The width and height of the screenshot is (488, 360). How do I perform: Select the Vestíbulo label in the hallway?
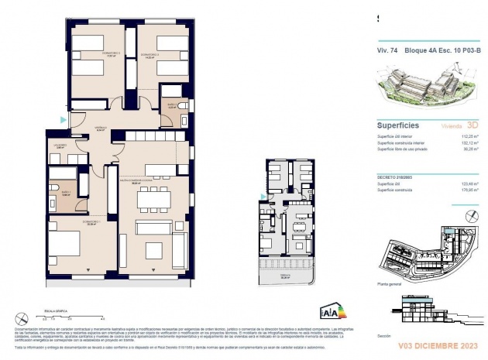coord(101,129)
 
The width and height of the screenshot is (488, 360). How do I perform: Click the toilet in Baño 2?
coord(181,106)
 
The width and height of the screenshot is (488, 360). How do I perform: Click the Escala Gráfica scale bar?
coord(74,316)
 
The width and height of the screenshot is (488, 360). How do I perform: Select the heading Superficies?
coord(398,124)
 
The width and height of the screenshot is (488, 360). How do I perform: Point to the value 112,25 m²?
coord(466,136)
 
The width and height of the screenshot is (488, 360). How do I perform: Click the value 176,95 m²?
coord(466,190)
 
